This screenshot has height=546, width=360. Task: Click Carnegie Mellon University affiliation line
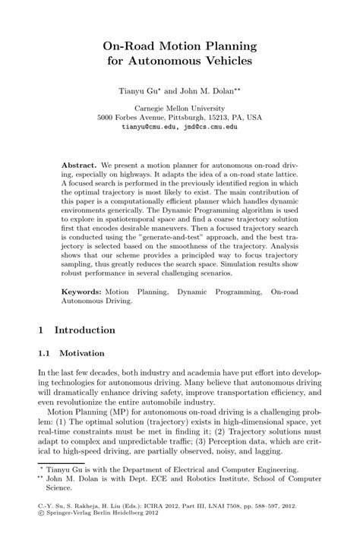[x=180, y=108]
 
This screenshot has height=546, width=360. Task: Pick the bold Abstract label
[x=78, y=165]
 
